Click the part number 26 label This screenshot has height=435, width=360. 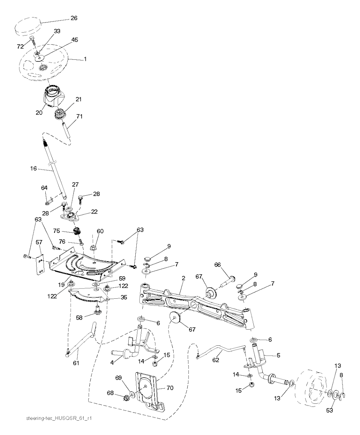(74, 18)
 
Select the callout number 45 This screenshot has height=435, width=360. (75, 40)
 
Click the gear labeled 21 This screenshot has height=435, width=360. (60, 114)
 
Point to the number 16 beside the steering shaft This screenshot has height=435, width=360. (33, 168)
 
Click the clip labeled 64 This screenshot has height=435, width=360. (49, 201)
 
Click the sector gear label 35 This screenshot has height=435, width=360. (124, 297)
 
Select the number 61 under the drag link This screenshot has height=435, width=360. (76, 363)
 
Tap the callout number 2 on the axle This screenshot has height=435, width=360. (183, 278)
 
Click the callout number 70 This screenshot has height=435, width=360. (170, 388)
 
